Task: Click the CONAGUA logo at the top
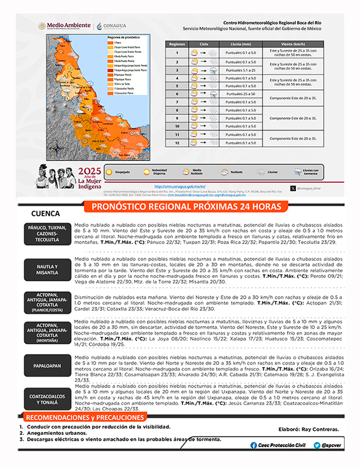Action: [x=115, y=25]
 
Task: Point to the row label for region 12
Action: [x=177, y=143]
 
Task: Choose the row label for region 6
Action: [x=177, y=93]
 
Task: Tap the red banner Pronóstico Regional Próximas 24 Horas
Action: [x=186, y=208]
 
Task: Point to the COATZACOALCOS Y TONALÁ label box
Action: [x=47, y=398]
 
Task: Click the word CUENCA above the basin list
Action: [x=46, y=214]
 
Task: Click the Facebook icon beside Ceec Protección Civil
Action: [x=254, y=445]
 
